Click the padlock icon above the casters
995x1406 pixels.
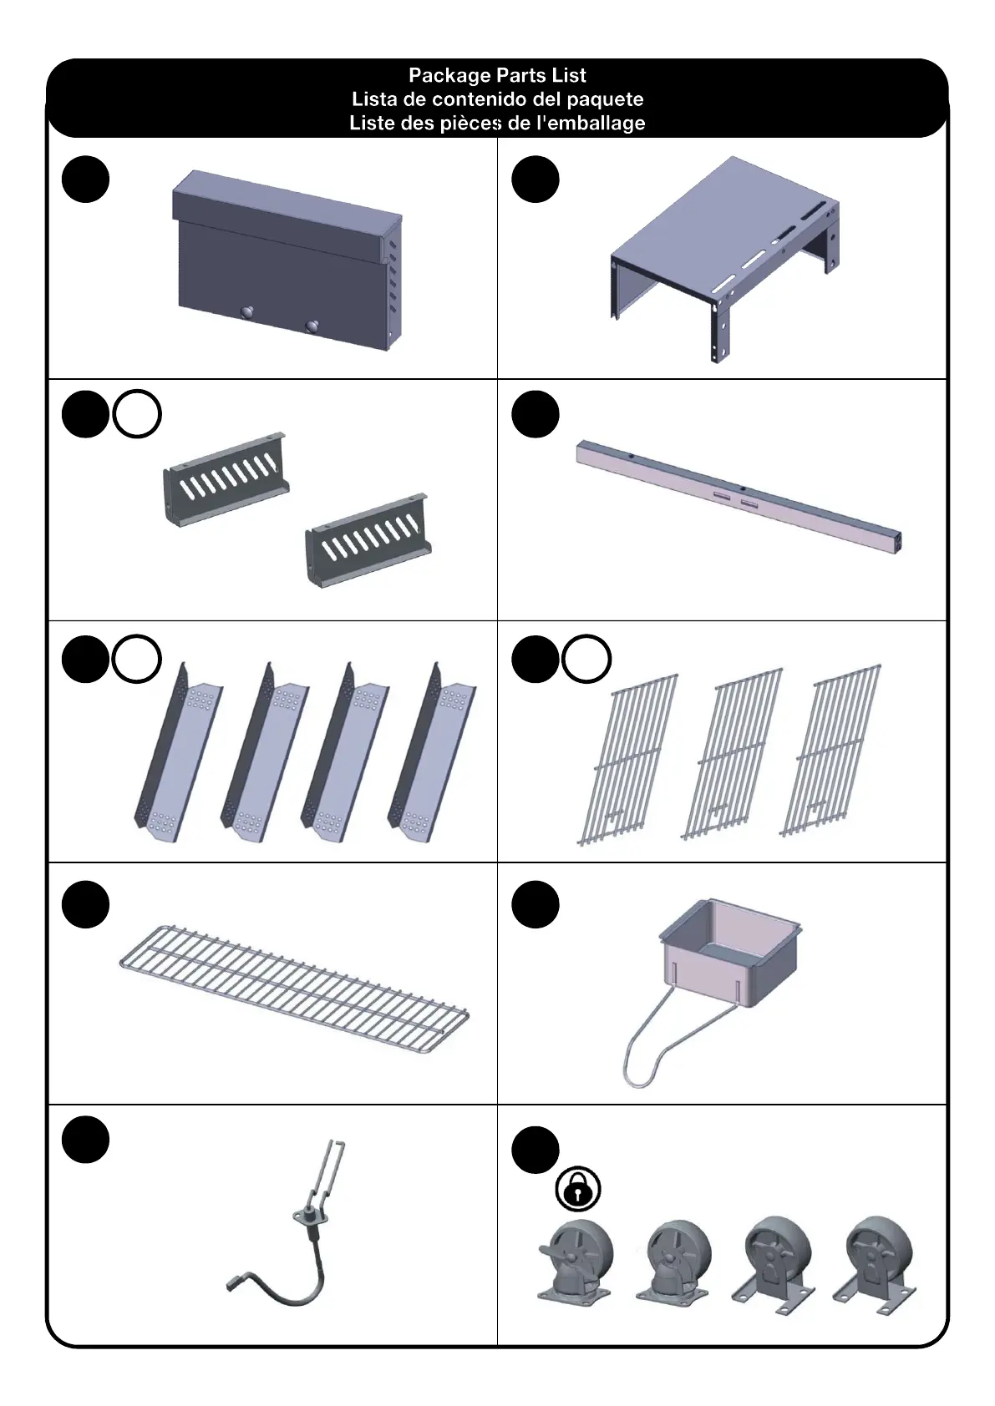pos(578,1189)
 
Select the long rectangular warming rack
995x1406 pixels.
pos(294,988)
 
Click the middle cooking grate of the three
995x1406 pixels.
pos(733,753)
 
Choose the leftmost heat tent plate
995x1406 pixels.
pos(178,751)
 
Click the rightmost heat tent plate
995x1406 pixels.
pos(432,751)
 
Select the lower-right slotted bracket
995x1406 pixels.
pos(368,540)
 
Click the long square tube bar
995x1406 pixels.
pos(739,496)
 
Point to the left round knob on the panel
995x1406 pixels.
pos(248,312)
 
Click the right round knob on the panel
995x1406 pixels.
pos(312,326)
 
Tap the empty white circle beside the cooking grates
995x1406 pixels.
pos(586,659)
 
